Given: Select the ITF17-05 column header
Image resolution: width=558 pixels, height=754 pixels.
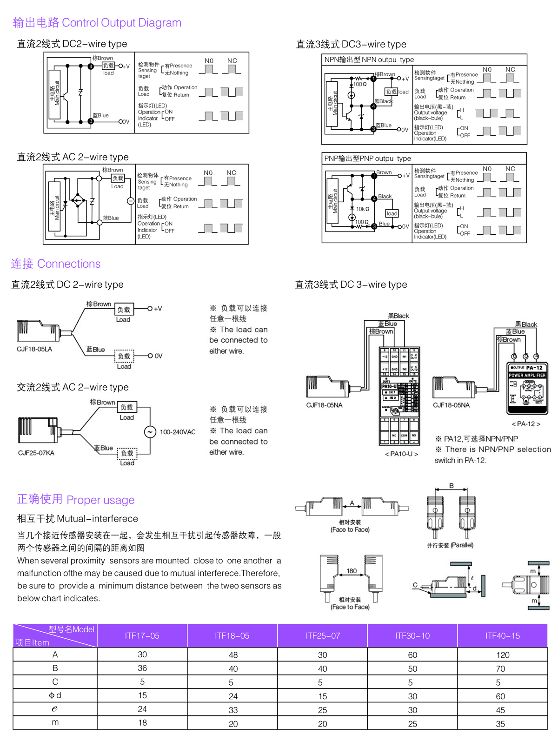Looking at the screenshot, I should coord(142,635).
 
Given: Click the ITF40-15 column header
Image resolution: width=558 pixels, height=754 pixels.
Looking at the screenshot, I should coord(502,635).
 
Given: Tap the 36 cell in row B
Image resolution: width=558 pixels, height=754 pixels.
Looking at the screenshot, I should coord(142,668).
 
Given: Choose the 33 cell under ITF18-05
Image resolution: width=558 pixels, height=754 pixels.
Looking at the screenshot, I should coord(233,710).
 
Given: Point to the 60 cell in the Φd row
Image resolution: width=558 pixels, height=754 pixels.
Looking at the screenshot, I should coord(500,696).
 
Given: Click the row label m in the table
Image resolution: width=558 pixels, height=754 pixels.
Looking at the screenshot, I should coord(55,722).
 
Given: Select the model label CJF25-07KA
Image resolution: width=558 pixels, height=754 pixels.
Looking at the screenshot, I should coord(36,453).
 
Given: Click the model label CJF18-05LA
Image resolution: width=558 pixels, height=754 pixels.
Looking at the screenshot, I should coord(34,349).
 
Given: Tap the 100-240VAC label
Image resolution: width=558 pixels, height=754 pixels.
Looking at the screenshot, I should coord(178,432).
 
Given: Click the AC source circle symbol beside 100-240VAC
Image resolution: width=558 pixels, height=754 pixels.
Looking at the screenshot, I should coord(150,432).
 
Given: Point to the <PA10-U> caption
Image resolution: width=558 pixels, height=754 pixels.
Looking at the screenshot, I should coord(401,454).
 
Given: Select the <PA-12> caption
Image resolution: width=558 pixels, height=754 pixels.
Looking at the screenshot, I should coord(526,424).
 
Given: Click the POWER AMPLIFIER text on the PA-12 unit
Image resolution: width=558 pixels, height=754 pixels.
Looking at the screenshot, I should coord(527,375).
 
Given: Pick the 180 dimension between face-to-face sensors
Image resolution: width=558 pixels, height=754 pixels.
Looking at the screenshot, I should coord(352,571).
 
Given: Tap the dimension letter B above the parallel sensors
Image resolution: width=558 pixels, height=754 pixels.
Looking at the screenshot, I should coord(451,486).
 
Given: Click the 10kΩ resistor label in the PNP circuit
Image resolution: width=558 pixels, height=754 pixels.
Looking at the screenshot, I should coord(363,209).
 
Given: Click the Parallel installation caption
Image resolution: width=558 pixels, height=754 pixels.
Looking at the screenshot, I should coord(450,545).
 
